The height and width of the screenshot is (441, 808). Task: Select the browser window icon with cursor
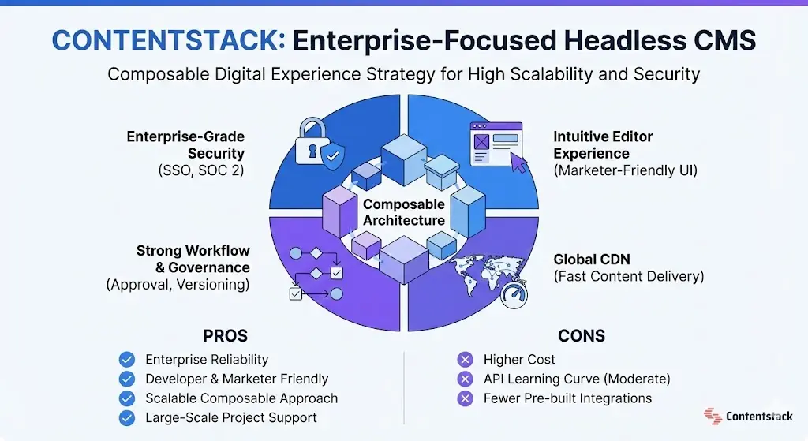point(496,144)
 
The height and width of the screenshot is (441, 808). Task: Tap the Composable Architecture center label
point(404,212)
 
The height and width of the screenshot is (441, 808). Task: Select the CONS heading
point(581,335)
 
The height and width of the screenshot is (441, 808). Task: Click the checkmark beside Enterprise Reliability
point(126,360)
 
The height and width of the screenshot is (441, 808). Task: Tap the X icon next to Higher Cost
point(466,360)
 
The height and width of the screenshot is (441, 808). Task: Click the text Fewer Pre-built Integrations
point(567,398)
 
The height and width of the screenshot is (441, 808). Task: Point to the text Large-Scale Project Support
point(231,417)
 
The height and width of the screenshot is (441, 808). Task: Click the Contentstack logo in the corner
point(750,415)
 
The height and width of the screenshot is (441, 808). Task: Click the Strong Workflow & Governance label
point(193,259)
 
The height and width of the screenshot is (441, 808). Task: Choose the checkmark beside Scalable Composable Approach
point(126,398)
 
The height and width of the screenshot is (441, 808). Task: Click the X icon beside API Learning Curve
point(466,379)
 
